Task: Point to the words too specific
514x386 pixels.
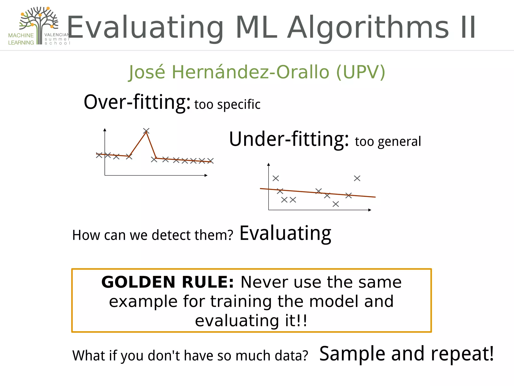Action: (227, 105)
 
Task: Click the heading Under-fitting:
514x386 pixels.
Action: (289, 139)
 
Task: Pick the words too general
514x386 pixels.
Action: (388, 141)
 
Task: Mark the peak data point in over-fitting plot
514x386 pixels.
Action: (146, 131)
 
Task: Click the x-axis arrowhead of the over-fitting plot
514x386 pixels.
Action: (206, 175)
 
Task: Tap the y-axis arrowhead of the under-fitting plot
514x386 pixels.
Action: (269, 164)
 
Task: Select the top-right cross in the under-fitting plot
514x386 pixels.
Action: (357, 178)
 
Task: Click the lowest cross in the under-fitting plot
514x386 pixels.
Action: (336, 204)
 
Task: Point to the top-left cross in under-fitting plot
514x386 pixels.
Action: (276, 178)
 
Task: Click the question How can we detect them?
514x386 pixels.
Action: (153, 235)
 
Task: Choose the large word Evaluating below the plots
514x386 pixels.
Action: (285, 233)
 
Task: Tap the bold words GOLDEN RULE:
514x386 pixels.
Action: (167, 282)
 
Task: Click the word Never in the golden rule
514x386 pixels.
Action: (264, 282)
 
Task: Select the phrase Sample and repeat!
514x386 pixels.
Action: (406, 354)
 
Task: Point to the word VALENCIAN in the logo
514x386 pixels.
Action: (56, 35)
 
